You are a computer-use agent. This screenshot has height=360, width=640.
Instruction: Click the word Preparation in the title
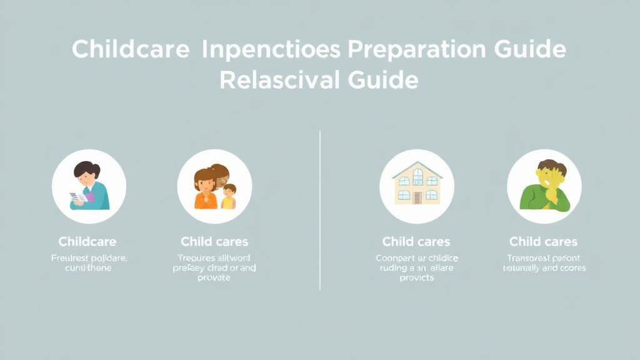pos(401,50)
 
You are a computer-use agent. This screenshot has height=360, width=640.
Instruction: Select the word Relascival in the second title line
pos(279,80)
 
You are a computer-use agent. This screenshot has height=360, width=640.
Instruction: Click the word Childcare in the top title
pos(131,49)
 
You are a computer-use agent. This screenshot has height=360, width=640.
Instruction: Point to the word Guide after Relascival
pos(382,80)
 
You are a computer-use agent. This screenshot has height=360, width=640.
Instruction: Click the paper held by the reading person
pos(77,197)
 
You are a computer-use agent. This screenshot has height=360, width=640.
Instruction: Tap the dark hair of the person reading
pos(87,169)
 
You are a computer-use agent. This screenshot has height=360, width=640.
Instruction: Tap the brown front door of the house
pos(417,197)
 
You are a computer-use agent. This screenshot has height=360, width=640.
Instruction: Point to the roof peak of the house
pos(417,164)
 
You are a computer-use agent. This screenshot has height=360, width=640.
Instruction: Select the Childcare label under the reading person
pos(87,241)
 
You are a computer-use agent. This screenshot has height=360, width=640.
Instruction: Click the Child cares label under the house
pos(416,241)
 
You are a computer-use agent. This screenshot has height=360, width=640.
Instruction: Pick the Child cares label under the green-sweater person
pos(543,241)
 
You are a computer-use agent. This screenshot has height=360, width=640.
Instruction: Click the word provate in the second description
pos(214,277)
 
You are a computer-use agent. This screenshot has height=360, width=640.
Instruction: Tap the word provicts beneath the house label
pos(416,277)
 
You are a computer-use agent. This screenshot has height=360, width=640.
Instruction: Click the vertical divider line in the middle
pos(320,210)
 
